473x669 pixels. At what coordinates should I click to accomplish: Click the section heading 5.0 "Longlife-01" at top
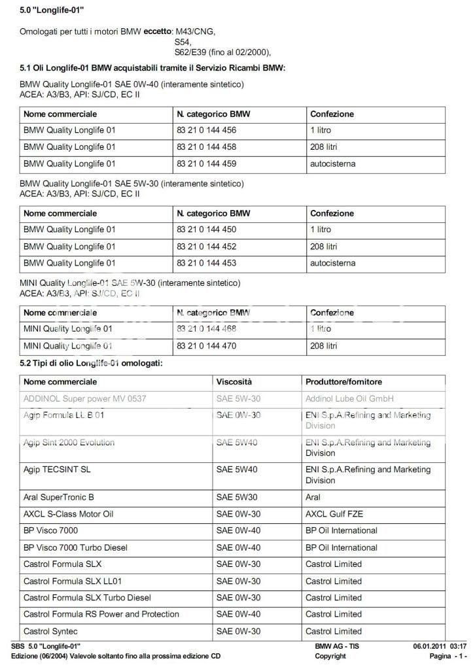pyautogui.click(x=52, y=10)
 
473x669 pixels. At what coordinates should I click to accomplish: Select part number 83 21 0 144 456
pyautogui.click(x=206, y=130)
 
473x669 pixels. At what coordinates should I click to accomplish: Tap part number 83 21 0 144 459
pyautogui.click(x=206, y=163)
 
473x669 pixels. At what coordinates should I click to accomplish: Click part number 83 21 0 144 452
pyautogui.click(x=206, y=247)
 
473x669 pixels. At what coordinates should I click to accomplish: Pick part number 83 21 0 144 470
pyautogui.click(x=206, y=346)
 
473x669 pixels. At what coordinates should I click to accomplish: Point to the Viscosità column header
pyautogui.click(x=234, y=381)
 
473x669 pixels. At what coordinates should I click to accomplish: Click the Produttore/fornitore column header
pyautogui.click(x=343, y=381)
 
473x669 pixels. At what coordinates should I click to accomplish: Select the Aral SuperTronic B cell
pyautogui.click(x=59, y=497)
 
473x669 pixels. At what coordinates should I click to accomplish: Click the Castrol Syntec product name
pyautogui.click(x=50, y=631)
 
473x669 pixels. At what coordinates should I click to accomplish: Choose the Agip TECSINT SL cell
pyautogui.click(x=58, y=470)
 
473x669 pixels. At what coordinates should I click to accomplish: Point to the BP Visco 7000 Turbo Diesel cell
pyautogui.click(x=75, y=547)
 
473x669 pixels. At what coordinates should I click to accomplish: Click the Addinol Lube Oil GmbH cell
pyautogui.click(x=349, y=398)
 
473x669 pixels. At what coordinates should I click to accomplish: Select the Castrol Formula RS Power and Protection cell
pyautogui.click(x=101, y=614)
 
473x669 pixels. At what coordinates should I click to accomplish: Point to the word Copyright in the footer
pyautogui.click(x=330, y=656)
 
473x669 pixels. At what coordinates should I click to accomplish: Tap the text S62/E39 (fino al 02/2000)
pyautogui.click(x=222, y=53)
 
